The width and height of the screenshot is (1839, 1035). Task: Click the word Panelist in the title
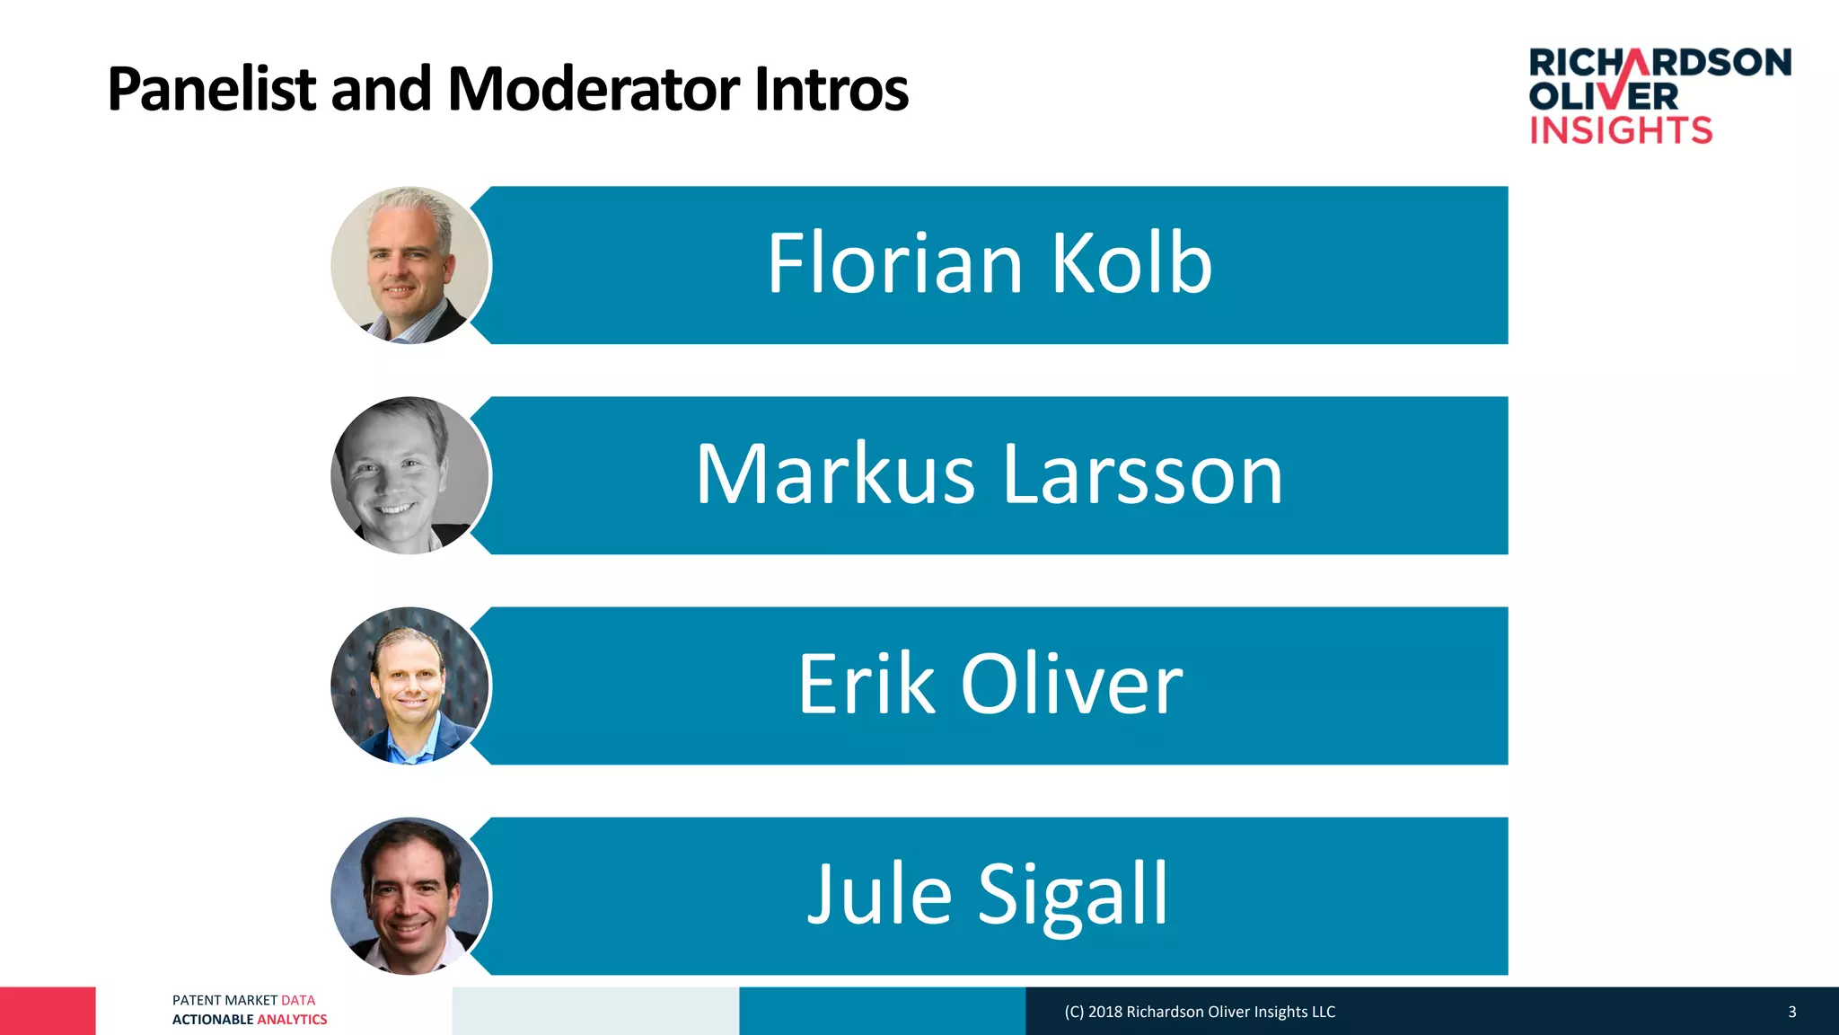click(212, 90)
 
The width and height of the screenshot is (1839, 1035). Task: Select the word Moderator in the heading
click(593, 90)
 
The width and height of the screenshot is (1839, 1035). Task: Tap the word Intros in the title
click(832, 90)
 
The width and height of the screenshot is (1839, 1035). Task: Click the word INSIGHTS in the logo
click(1621, 131)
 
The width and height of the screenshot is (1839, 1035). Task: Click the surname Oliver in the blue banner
click(1072, 685)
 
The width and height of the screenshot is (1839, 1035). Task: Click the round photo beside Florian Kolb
click(409, 265)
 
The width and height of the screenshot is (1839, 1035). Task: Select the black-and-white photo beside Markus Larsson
click(409, 475)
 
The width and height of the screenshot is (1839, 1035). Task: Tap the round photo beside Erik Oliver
click(409, 686)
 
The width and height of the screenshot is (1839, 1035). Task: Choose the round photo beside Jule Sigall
click(409, 896)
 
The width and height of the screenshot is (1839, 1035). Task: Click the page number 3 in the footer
click(1791, 1012)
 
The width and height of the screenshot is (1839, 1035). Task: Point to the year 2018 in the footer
click(1104, 1012)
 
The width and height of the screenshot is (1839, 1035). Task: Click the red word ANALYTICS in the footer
click(292, 1020)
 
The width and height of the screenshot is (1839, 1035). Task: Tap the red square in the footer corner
click(48, 1011)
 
